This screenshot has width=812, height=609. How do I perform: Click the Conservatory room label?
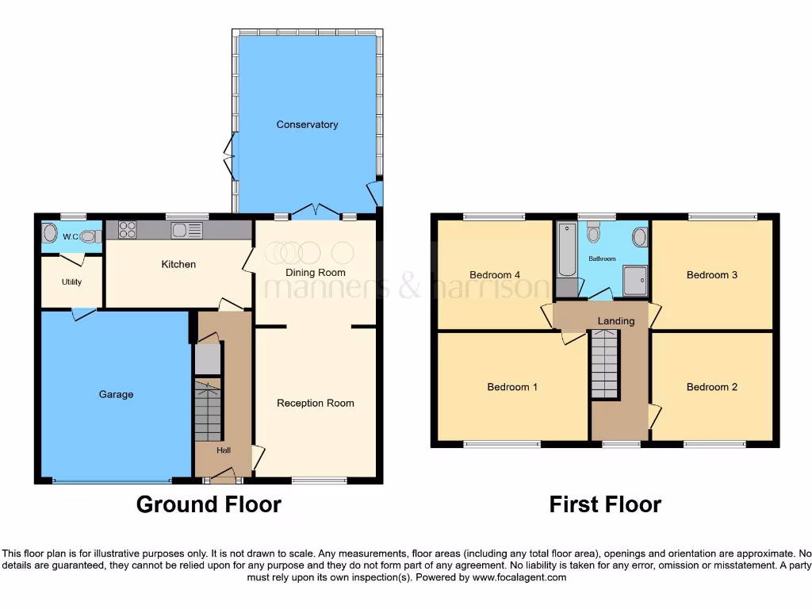click(307, 124)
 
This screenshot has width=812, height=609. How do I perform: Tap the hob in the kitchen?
click(127, 230)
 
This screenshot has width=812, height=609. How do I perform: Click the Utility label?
click(71, 282)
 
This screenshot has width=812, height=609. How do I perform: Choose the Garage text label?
click(116, 394)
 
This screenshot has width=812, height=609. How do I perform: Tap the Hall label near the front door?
click(224, 450)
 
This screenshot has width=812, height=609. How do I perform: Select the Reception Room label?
click(315, 403)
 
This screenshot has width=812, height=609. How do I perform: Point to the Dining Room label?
click(316, 272)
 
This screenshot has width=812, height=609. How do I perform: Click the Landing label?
click(616, 321)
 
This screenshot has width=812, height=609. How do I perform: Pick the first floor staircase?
click(604, 364)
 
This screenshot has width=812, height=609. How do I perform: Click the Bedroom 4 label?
click(495, 275)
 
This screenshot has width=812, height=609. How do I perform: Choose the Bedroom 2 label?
click(712, 387)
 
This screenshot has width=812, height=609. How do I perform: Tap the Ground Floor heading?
click(209, 504)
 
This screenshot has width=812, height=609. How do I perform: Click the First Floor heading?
click(605, 504)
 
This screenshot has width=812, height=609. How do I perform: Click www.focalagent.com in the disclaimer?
click(519, 578)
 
